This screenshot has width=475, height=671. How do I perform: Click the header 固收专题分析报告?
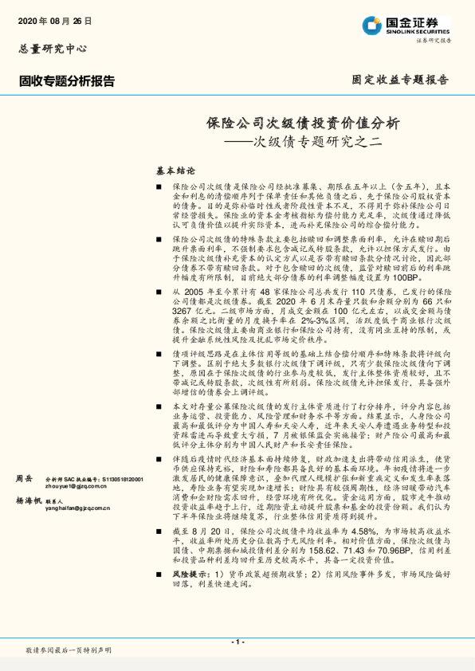point(67,80)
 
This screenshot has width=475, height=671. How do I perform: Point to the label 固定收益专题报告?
point(400,80)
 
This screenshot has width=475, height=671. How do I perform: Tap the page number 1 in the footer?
point(237,642)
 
